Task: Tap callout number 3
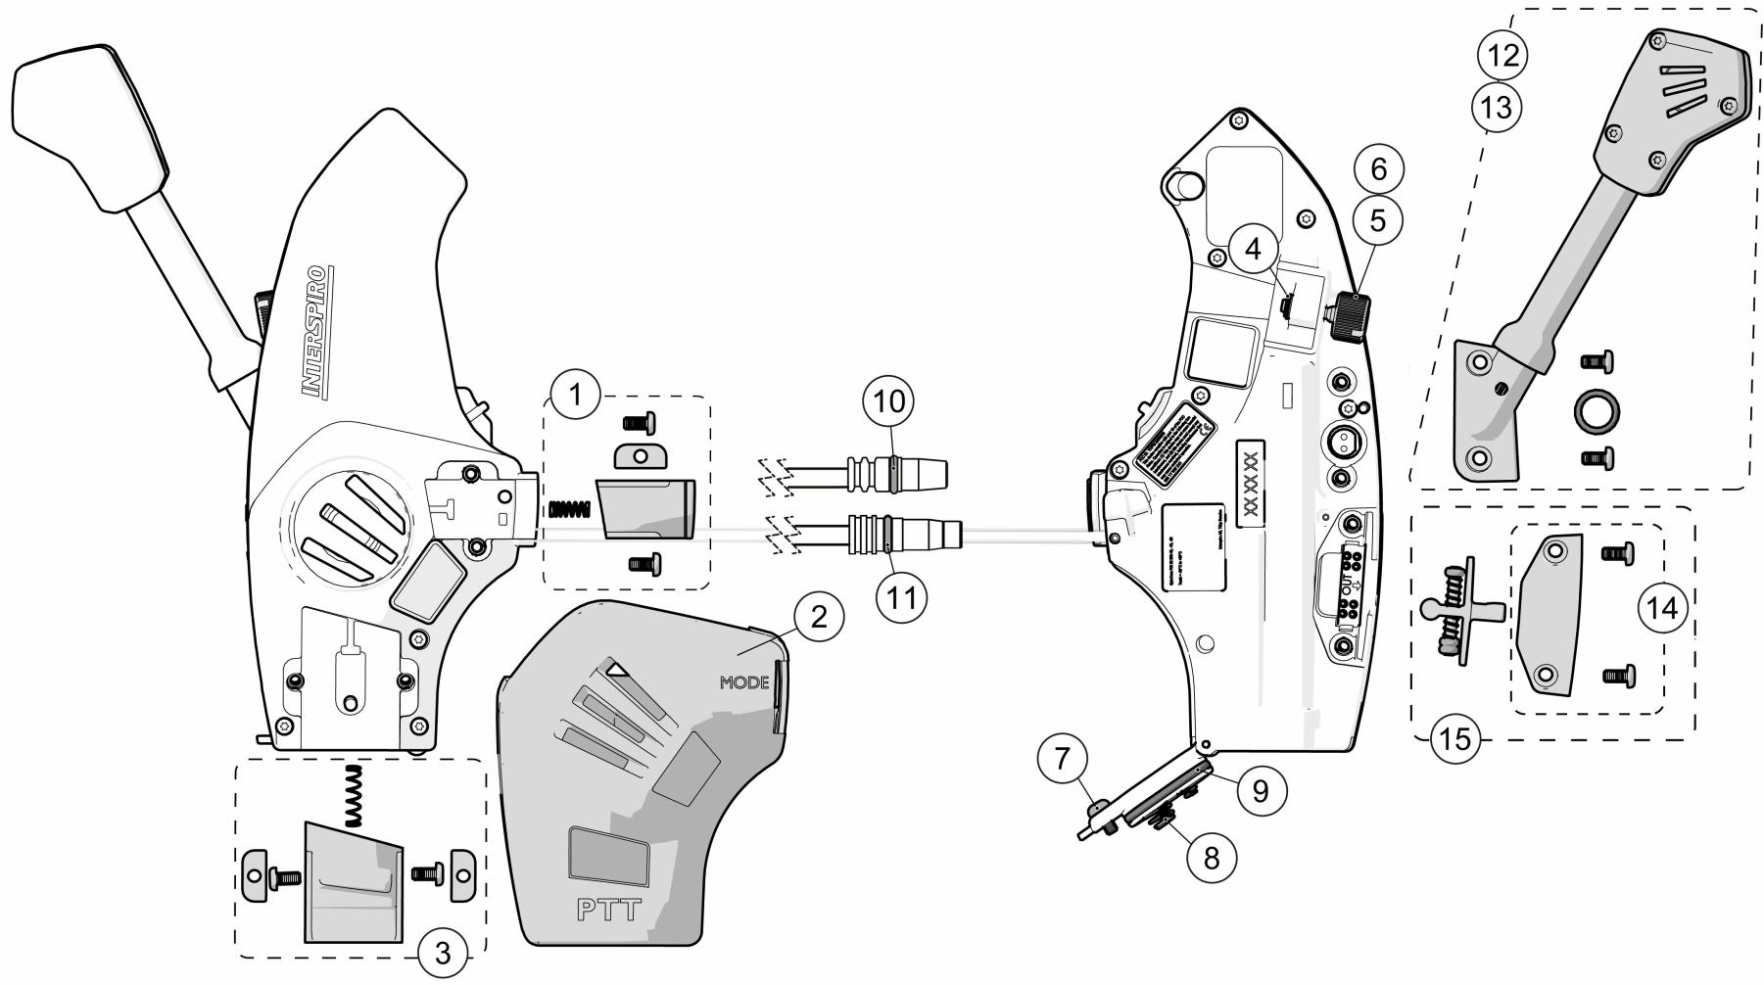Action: point(442,949)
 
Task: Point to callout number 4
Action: point(1254,249)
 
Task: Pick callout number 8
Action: point(1212,858)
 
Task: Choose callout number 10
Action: point(887,400)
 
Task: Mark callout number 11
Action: point(901,596)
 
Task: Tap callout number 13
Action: point(1497,107)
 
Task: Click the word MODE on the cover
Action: point(744,682)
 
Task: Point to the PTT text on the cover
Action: point(607,910)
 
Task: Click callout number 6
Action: point(1378,169)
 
